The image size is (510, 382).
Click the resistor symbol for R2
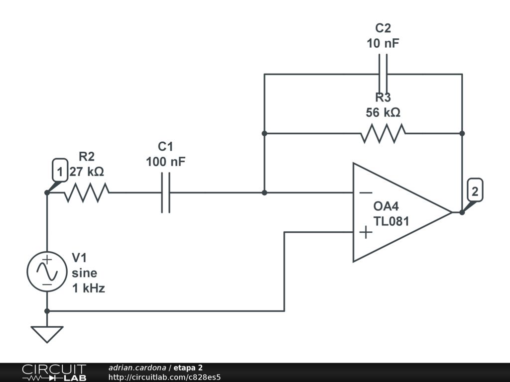87,192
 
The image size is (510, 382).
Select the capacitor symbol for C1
166,192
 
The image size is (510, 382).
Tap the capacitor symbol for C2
383,74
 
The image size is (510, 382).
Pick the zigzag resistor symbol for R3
383,133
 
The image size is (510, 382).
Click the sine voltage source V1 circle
47,272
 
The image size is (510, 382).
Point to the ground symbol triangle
47,334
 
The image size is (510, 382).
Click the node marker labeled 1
59,172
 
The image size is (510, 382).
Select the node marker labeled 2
475,191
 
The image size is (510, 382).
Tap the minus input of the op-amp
366,192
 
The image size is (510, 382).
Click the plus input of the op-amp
366,232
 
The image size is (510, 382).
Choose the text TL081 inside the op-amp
391,221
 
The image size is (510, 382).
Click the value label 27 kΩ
87,172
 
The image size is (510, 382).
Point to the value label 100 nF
166,162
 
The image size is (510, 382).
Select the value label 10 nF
383,43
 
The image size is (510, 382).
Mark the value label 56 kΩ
383,112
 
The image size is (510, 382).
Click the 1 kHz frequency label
89,288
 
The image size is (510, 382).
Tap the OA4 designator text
387,206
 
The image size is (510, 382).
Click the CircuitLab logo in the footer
54,373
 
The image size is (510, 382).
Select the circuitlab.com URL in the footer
164,377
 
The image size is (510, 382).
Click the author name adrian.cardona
137,368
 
